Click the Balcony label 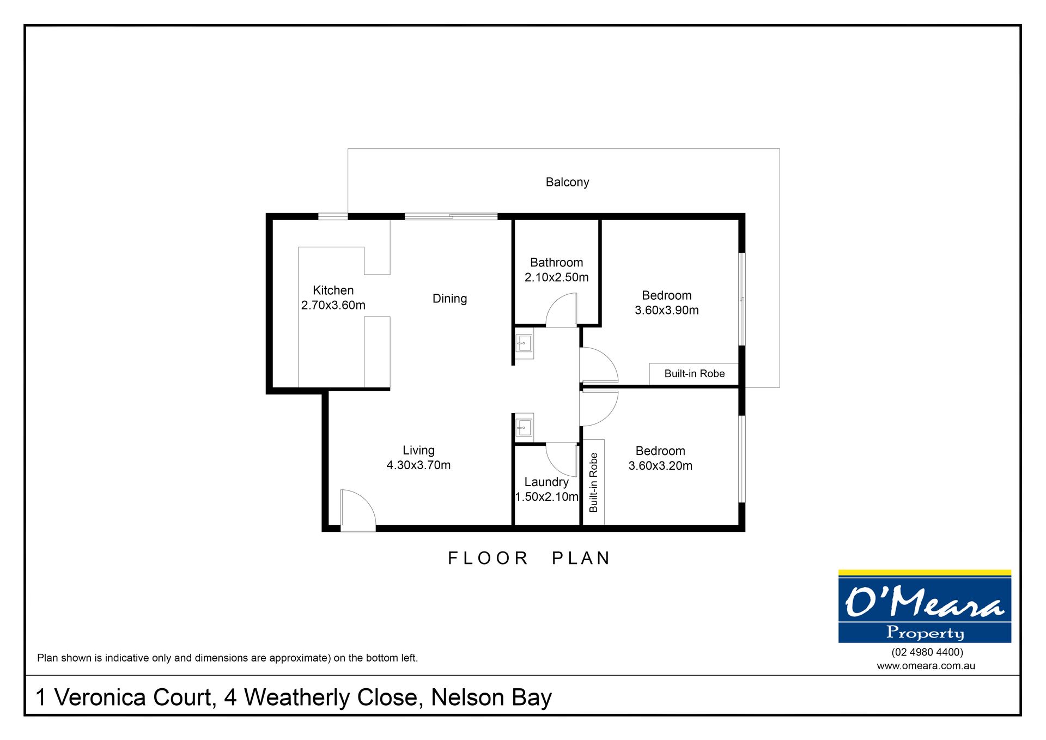coord(567,182)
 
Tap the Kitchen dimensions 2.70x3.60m coord(333,305)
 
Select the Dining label coord(449,299)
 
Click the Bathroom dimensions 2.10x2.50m coord(556,277)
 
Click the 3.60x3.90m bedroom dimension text coord(666,310)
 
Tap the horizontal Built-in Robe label coord(695,373)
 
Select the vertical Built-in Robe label coord(593,482)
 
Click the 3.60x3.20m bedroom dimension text coord(660,465)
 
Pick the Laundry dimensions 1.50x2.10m coord(546,496)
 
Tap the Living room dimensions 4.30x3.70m coord(418,465)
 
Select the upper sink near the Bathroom coord(524,343)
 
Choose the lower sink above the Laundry coord(524,428)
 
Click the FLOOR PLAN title coord(529,558)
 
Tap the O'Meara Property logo coord(925,606)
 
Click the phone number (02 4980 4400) coord(927,652)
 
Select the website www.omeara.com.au coord(926,666)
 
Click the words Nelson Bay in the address coord(491,697)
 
